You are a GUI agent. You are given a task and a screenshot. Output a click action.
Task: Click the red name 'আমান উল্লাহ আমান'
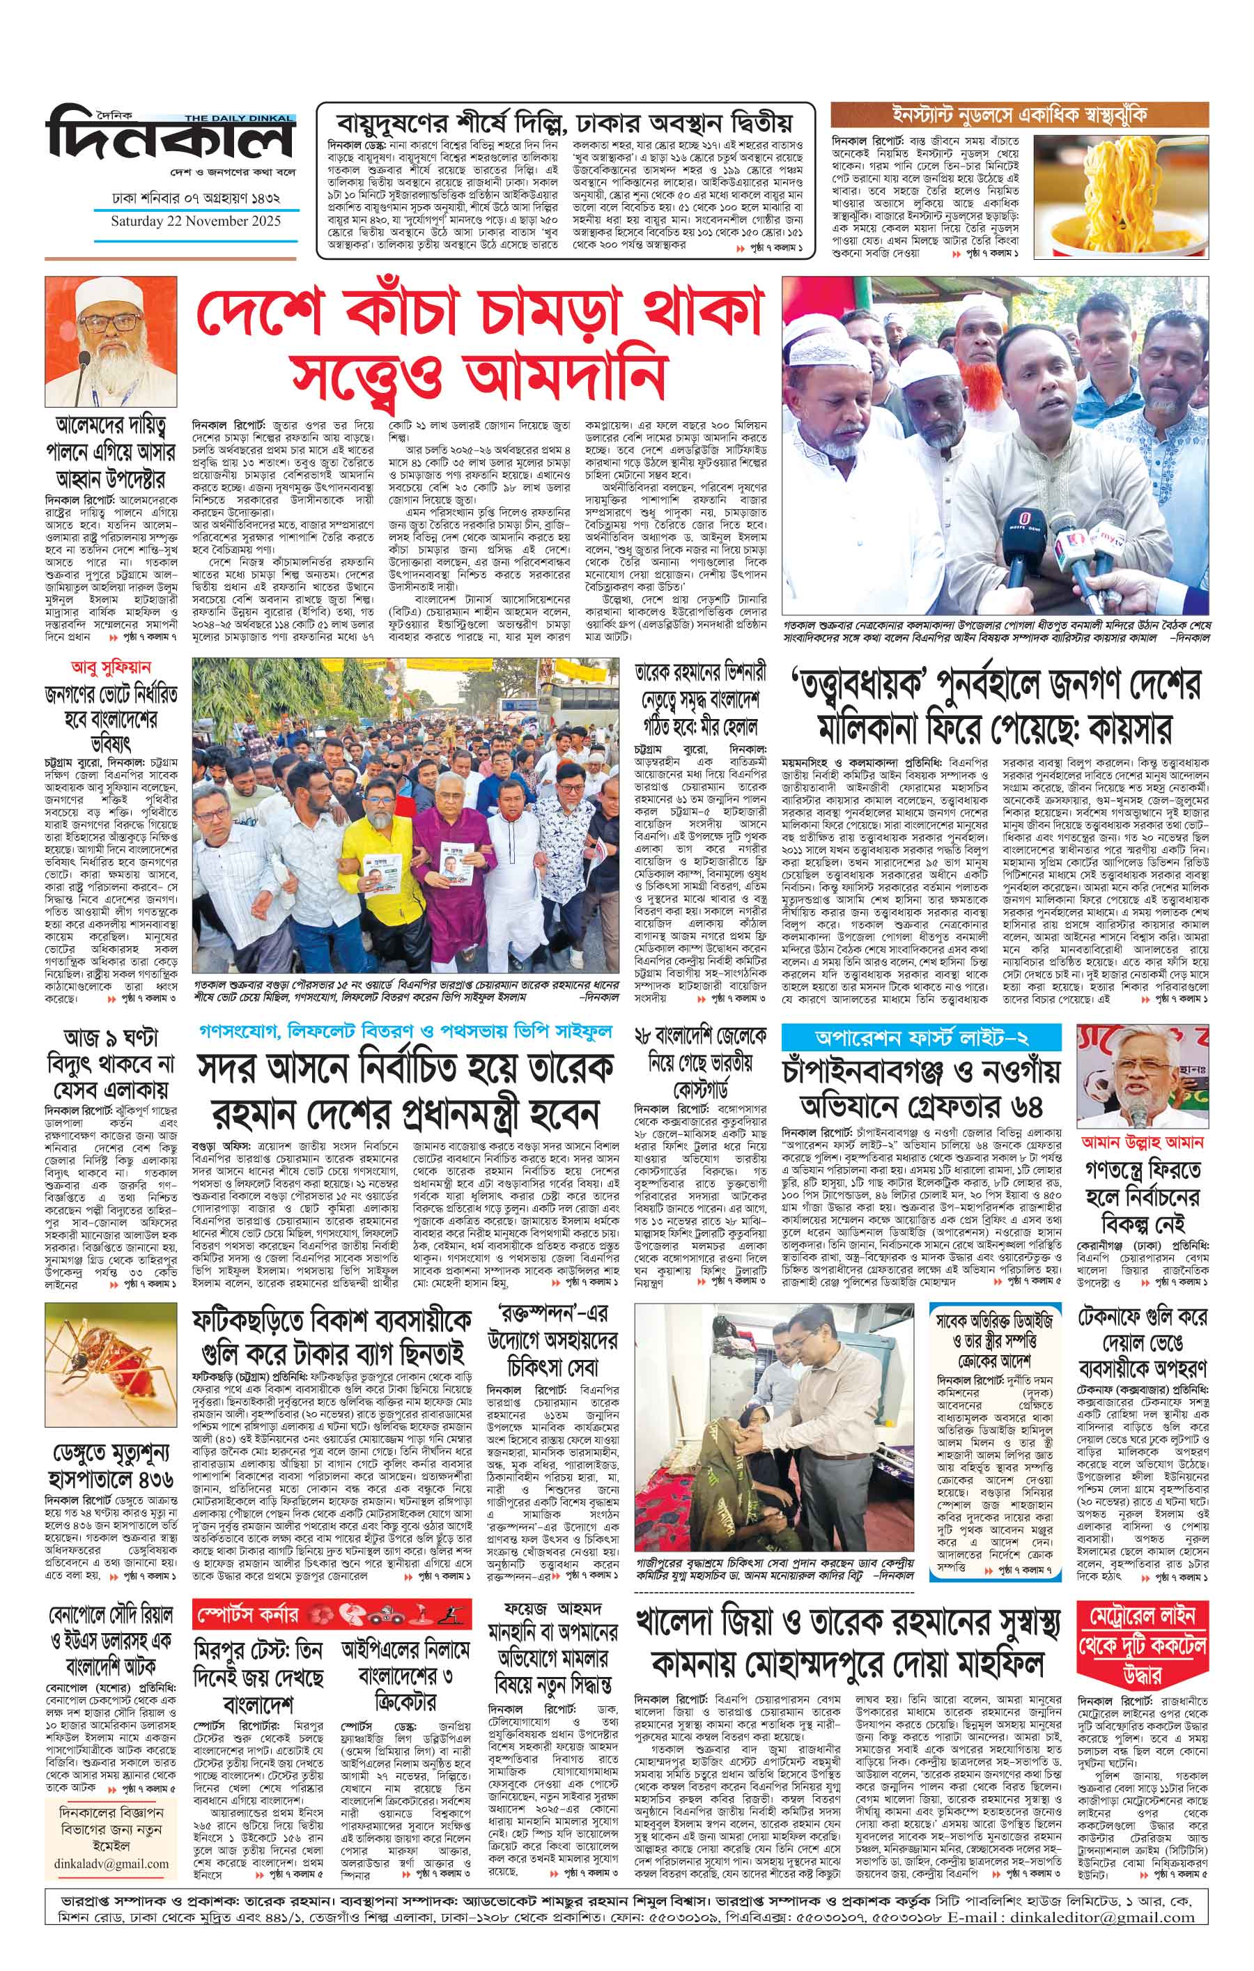[x=1143, y=1141]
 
